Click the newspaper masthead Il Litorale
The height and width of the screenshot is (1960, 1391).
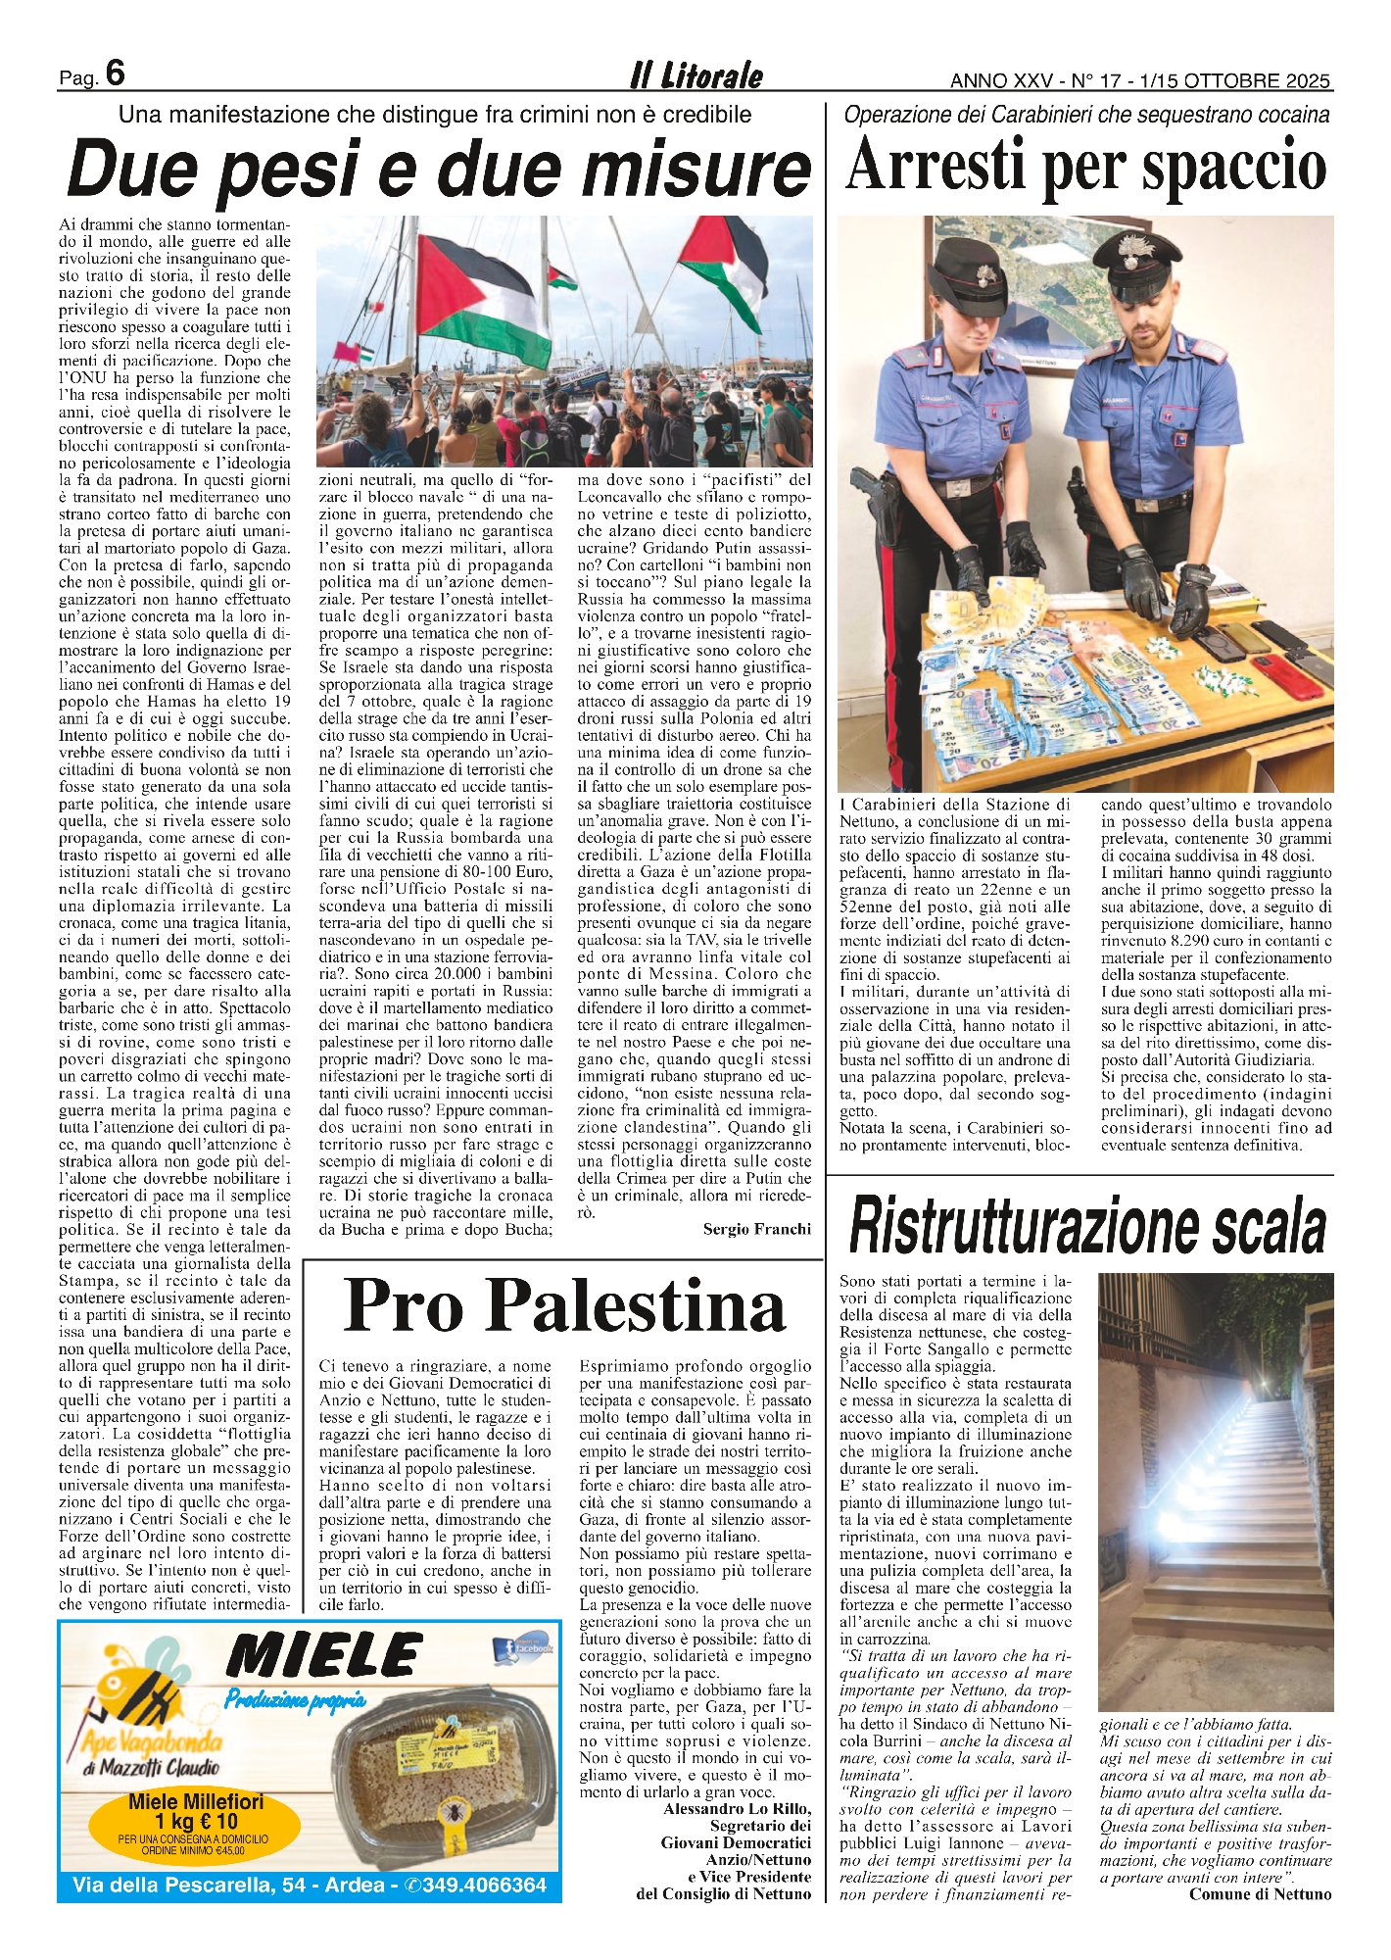coord(695,75)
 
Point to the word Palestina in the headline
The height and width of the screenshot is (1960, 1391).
coord(636,1306)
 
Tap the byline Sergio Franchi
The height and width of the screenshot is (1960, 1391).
coord(756,1229)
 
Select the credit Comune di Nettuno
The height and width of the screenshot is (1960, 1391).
coord(1260,1894)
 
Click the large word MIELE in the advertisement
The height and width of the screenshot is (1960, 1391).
coord(323,1657)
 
